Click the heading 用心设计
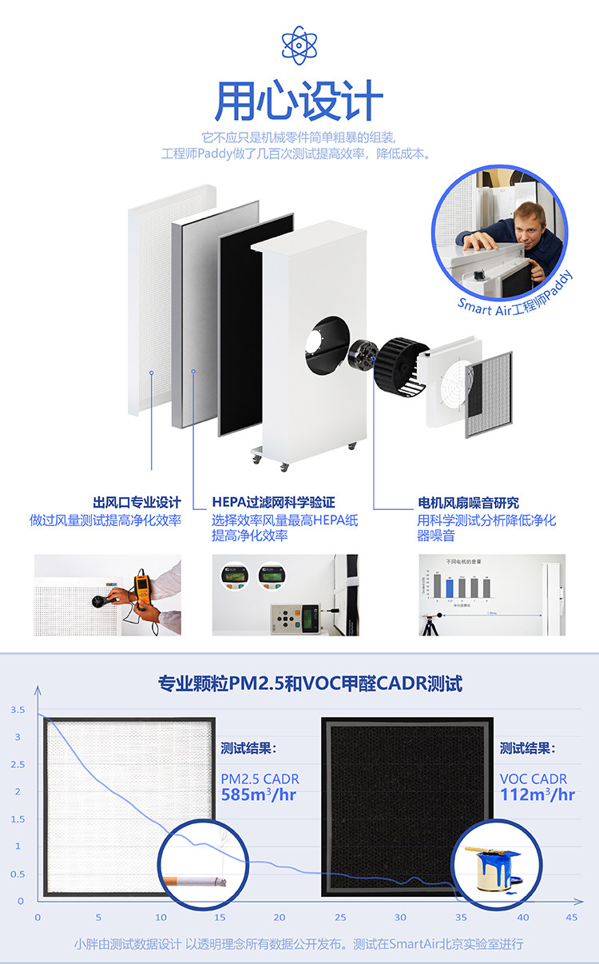[x=299, y=102]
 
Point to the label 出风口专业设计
[x=137, y=503]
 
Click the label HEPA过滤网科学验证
[x=273, y=503]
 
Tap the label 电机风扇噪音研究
[x=468, y=503]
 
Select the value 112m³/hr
[x=538, y=795]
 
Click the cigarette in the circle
[x=196, y=882]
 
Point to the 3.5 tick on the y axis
[x=18, y=710]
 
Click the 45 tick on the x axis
[x=571, y=918]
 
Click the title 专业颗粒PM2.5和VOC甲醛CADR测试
[x=310, y=683]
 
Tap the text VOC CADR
[x=534, y=779]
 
